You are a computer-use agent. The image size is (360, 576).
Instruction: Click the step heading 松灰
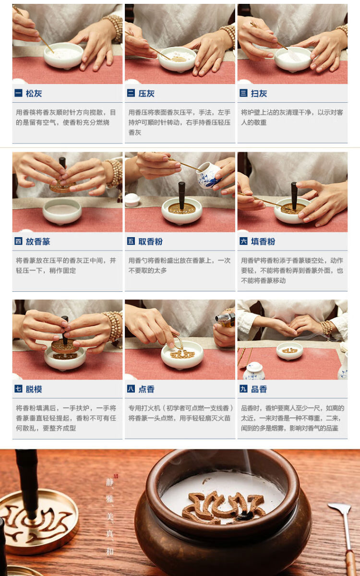click(34, 93)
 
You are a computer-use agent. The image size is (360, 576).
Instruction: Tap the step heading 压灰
click(146, 93)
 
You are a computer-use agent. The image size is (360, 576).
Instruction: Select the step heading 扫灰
click(259, 93)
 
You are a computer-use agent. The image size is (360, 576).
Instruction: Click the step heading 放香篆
click(38, 241)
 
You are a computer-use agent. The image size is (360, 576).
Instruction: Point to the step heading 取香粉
click(150, 241)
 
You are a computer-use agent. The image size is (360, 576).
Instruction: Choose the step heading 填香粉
click(263, 241)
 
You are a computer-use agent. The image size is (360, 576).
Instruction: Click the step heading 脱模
click(34, 389)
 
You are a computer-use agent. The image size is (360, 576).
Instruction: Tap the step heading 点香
click(146, 389)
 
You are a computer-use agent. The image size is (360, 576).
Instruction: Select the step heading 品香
click(259, 389)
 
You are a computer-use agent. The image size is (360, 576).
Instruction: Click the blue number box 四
click(18, 241)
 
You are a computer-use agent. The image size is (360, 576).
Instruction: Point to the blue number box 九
click(243, 388)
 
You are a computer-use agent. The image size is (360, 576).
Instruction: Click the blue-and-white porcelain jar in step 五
click(208, 175)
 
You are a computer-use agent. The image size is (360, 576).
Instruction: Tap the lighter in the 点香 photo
click(226, 320)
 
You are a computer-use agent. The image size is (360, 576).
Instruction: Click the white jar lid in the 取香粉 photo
click(132, 200)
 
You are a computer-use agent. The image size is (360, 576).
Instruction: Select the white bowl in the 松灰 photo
click(63, 56)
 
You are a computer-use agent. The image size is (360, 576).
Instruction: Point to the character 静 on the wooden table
click(110, 482)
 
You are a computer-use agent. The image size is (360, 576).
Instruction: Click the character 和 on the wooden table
click(110, 551)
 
